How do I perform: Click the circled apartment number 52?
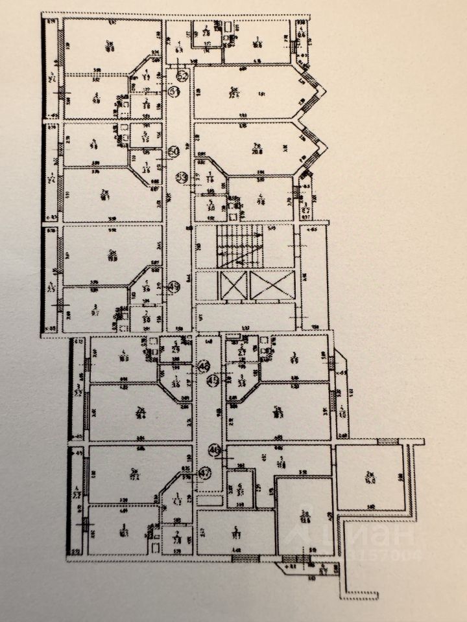[x=182, y=76]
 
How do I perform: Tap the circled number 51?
[x=173, y=91]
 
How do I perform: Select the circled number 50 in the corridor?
[x=173, y=151]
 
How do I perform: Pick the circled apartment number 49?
[x=173, y=287]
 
